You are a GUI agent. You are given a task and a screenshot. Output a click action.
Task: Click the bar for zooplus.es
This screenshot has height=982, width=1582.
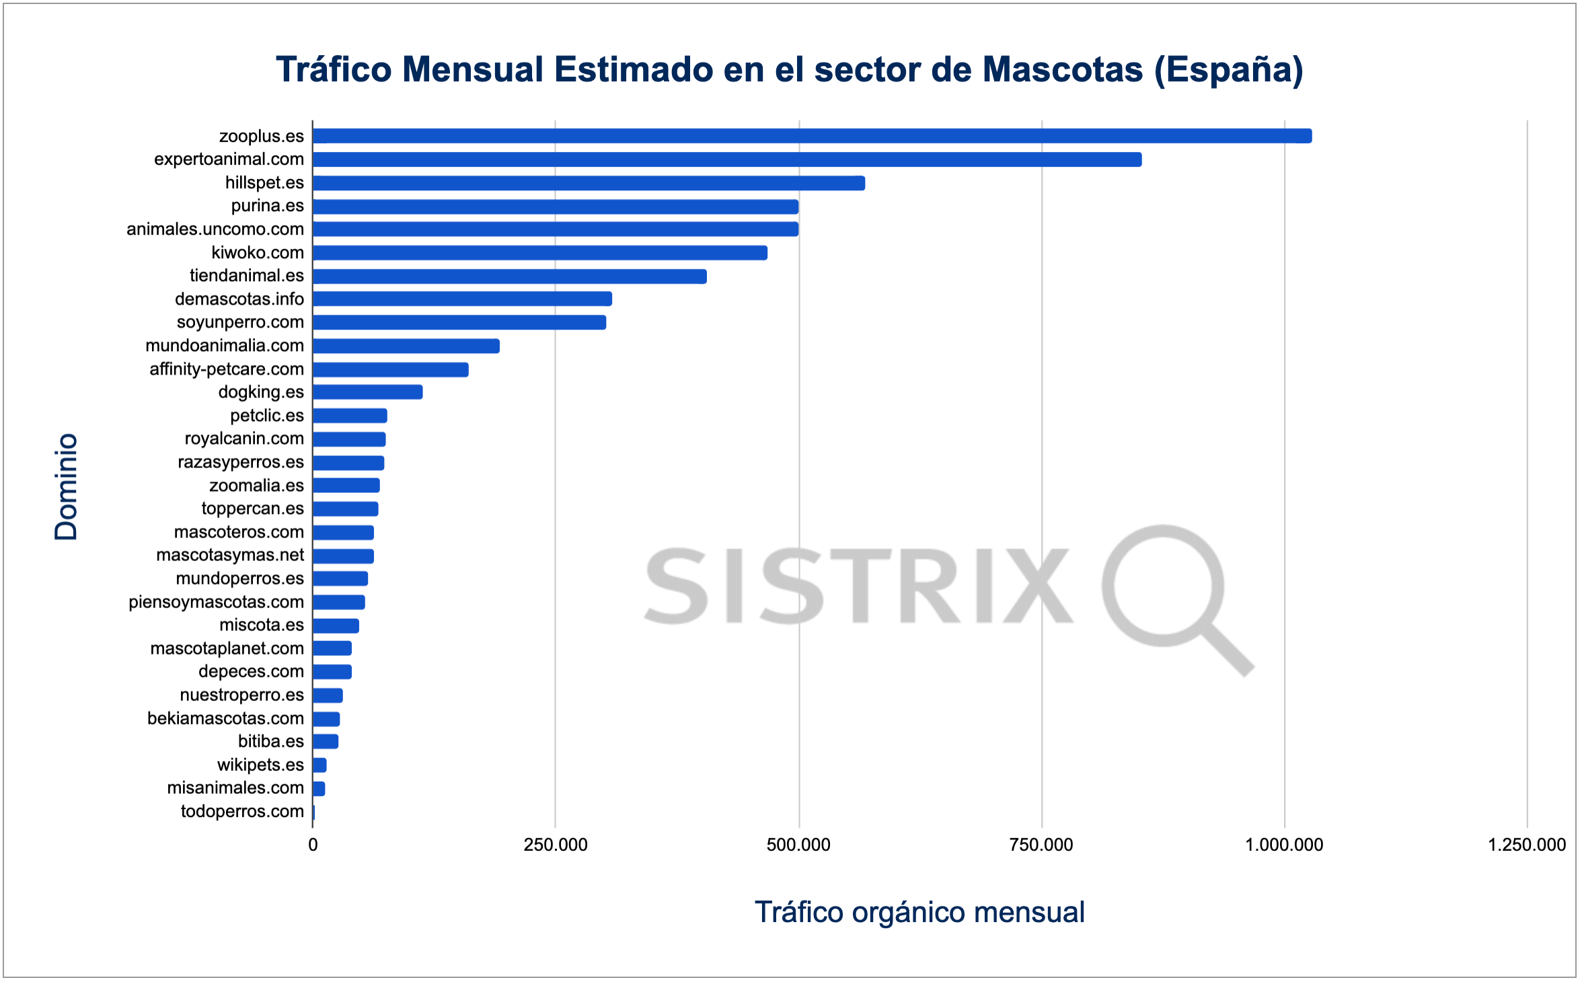[811, 136]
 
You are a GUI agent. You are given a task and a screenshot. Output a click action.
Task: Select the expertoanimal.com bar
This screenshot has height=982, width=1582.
[726, 159]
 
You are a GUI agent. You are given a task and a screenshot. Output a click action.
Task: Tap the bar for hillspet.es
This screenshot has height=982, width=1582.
[589, 183]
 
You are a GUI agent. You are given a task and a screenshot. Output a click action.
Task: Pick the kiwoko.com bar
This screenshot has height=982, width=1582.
[539, 253]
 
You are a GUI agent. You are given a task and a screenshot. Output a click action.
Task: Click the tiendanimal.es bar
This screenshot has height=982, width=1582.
[509, 276]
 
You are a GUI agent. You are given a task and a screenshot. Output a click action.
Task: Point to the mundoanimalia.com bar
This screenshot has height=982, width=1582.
[406, 346]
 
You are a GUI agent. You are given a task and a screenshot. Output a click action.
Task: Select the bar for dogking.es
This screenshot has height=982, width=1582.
[367, 392]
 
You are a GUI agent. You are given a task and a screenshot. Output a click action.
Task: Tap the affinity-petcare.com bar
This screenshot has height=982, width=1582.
[390, 369]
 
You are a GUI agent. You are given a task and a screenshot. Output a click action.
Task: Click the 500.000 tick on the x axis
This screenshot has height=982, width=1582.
[798, 845]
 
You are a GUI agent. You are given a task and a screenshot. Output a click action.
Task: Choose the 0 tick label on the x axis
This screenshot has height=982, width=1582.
[313, 845]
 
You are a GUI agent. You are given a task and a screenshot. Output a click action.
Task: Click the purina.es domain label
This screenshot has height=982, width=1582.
[267, 206]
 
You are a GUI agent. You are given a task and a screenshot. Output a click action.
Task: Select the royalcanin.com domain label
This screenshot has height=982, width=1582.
[244, 439]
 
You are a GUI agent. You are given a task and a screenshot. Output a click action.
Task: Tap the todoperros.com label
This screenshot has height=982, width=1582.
[242, 811]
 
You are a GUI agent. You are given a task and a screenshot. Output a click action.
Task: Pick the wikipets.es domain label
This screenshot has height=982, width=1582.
[260, 765]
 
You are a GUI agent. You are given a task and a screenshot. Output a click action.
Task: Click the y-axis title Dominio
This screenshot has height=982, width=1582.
[66, 486]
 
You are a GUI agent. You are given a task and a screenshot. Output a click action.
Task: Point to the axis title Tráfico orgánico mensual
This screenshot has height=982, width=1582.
[919, 913]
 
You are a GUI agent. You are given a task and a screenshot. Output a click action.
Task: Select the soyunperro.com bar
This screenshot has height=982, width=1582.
[459, 322]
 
